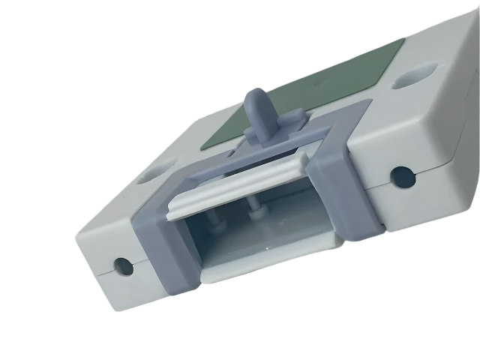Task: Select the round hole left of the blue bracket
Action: pyautogui.click(x=120, y=264)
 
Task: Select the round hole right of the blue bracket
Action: pyautogui.click(x=403, y=177)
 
